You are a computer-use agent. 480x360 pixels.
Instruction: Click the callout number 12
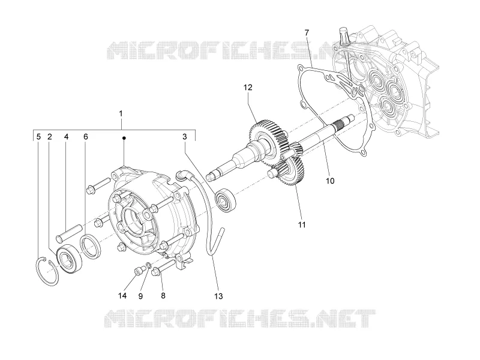coord(248,88)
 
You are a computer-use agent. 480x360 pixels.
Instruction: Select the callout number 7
coord(307,32)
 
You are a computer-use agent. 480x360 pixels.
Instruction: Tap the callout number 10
coord(329,181)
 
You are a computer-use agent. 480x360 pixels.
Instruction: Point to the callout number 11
coord(302,225)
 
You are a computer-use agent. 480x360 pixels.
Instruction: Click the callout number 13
coord(218,296)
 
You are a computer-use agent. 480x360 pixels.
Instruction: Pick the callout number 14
coord(122,296)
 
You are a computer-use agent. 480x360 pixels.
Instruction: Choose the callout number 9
coord(140,296)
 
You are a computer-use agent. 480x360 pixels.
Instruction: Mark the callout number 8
coord(163,296)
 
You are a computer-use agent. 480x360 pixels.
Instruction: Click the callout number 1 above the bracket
coord(121,113)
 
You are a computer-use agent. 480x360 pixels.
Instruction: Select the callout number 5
coord(38,137)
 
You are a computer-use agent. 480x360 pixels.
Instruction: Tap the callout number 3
coord(184,137)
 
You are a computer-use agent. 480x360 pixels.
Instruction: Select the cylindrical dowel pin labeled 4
coord(69,233)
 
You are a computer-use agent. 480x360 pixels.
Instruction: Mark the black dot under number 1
coord(124,139)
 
